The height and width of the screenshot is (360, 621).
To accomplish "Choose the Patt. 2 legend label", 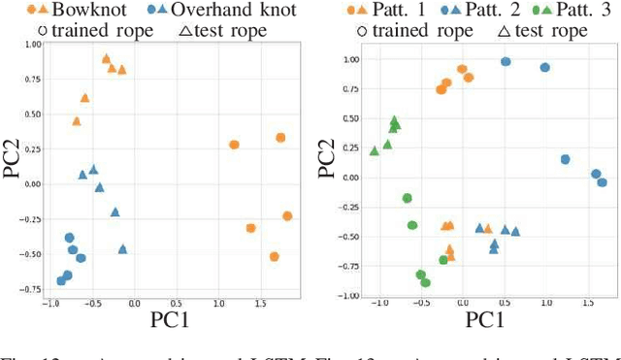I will (x=494, y=13).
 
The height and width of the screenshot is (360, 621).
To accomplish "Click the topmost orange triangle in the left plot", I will (x=107, y=59).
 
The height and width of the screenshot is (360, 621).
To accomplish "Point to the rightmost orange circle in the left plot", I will (x=287, y=216).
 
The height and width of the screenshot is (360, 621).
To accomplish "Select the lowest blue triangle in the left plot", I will (x=123, y=249).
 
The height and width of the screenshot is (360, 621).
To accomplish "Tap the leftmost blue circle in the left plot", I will (x=61, y=281).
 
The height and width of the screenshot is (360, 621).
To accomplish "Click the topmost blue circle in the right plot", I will (x=506, y=61).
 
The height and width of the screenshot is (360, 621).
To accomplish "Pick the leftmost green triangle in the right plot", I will (x=375, y=150).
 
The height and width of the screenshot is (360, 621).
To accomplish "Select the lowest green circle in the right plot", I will (x=425, y=282).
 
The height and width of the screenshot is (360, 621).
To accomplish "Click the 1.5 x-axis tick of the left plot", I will (x=259, y=304).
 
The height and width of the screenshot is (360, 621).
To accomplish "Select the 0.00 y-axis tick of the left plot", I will (x=29, y=183).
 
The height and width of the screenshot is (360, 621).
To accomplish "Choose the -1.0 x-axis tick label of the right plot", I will (x=376, y=304).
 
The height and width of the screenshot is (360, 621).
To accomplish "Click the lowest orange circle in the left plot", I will (x=275, y=257).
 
